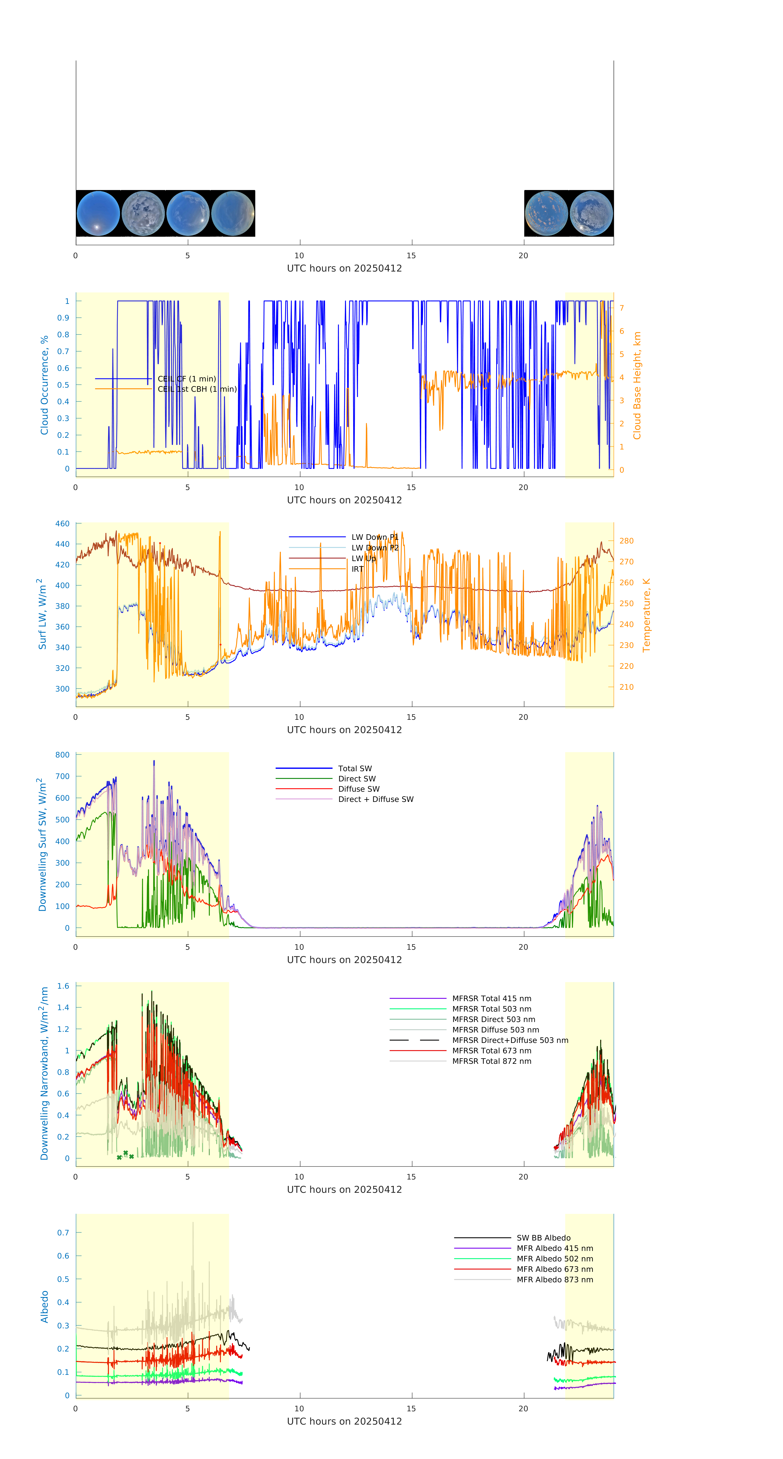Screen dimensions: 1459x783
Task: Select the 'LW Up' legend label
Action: point(364,558)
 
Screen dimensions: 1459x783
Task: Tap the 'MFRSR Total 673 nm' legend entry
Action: point(491,1051)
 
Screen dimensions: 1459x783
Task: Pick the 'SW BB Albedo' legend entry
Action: point(543,1238)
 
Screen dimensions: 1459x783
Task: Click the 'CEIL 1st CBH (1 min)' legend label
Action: point(197,389)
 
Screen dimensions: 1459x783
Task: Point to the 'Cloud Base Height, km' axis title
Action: point(637,385)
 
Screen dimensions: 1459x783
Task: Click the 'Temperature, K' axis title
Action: point(646,615)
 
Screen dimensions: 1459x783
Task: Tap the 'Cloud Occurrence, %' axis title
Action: point(44,385)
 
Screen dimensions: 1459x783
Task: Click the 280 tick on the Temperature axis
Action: point(626,541)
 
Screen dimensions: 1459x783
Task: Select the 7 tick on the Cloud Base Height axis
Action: point(622,308)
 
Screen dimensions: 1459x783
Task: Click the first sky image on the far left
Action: point(98,214)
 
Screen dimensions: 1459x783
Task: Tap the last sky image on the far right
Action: point(591,214)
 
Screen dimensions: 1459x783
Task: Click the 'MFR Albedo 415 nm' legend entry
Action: point(555,1248)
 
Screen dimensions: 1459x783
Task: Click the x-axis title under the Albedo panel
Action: point(344,1422)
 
